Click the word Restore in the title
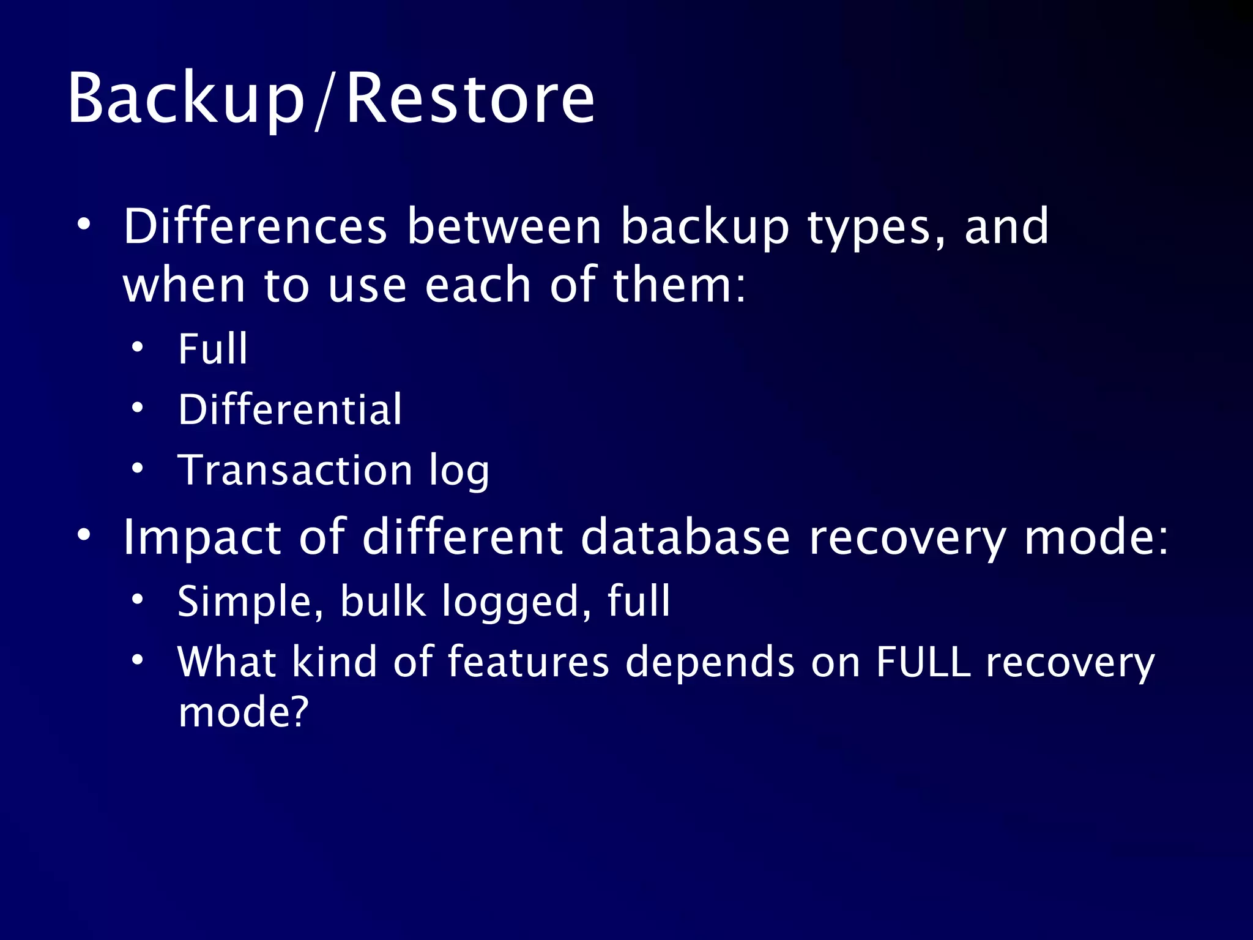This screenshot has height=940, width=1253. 470,98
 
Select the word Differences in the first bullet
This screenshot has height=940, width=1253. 255,226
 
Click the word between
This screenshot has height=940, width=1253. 505,226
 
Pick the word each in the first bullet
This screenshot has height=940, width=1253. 478,285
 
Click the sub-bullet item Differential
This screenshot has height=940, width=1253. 290,409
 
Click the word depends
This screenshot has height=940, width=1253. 710,662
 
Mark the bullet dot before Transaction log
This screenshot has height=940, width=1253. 138,469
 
